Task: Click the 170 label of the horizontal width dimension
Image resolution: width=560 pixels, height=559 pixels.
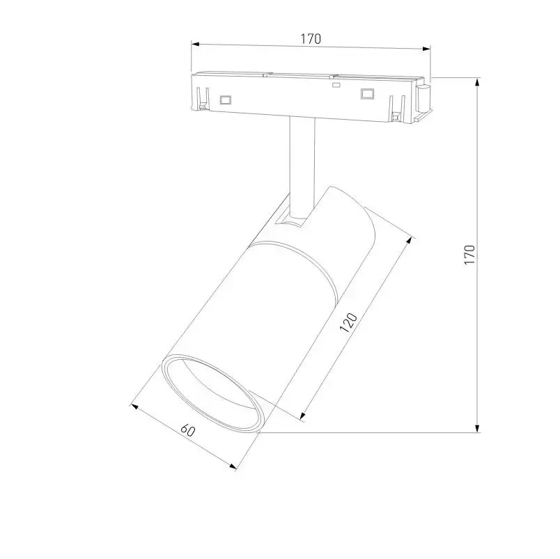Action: [x=311, y=38]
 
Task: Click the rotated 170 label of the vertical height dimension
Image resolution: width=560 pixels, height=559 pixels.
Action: [x=469, y=255]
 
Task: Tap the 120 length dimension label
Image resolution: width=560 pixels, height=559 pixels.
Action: [x=348, y=322]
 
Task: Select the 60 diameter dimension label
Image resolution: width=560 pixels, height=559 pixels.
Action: [x=188, y=430]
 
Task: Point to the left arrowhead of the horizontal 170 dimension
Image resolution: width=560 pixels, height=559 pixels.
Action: [x=195, y=45]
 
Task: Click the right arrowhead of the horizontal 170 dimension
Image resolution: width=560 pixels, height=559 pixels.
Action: [x=426, y=49]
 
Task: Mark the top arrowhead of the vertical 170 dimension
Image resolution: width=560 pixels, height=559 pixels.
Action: [x=478, y=82]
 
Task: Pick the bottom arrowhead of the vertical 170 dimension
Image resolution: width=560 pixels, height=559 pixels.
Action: [x=478, y=428]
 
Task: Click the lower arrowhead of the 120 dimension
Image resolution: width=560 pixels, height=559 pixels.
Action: [x=303, y=415]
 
